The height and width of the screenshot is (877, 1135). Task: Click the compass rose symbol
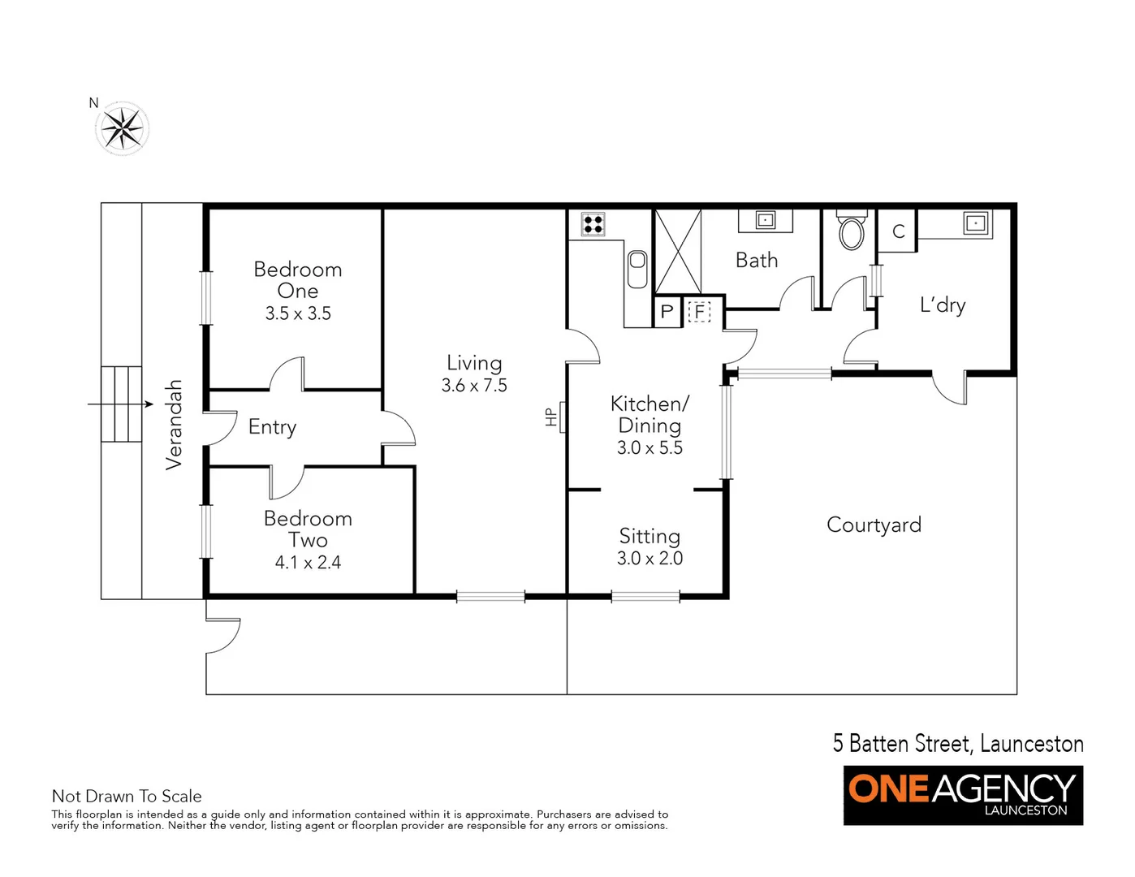(x=123, y=128)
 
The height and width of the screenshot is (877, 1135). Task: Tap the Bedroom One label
(x=298, y=279)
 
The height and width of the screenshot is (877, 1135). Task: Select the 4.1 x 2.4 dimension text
(x=308, y=562)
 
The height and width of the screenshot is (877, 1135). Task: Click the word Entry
(x=272, y=427)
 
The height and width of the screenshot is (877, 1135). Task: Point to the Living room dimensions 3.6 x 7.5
(x=474, y=386)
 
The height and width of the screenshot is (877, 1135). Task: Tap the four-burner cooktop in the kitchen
(x=593, y=224)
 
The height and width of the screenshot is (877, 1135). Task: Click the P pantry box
(x=667, y=312)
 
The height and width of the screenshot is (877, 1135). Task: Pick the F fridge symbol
(x=699, y=312)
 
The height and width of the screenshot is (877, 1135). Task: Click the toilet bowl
(x=851, y=231)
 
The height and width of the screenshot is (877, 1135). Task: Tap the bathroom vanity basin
(x=765, y=219)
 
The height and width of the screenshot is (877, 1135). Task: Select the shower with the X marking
(x=678, y=251)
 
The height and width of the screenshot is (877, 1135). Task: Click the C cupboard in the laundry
(x=898, y=231)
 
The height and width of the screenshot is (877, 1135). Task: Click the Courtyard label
(x=874, y=525)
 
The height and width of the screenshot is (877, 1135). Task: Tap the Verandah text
(x=174, y=425)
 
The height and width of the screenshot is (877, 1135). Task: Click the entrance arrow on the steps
(x=121, y=404)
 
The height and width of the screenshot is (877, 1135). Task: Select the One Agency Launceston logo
(x=963, y=795)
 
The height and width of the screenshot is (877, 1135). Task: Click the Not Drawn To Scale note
(x=127, y=797)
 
